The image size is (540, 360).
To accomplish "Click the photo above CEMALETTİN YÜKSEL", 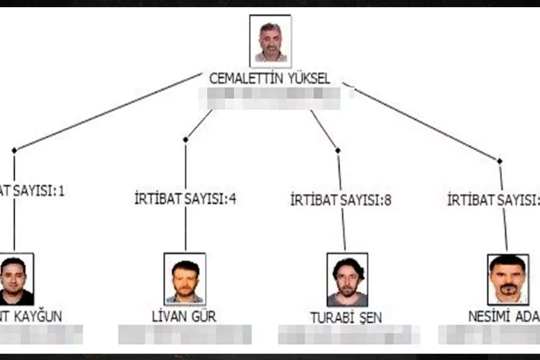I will tap(271, 41).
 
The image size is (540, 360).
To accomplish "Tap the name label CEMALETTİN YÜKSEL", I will tap(269, 79).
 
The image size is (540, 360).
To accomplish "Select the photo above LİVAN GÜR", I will tap(185, 278).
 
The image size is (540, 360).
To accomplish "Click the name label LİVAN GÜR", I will tap(184, 316).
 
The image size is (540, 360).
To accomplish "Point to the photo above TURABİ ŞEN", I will tap(347, 279).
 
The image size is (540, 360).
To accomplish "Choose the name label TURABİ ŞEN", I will tap(346, 318).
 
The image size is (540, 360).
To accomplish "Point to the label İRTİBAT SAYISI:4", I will tap(185, 199).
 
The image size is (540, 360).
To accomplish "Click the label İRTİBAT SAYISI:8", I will tap(340, 200).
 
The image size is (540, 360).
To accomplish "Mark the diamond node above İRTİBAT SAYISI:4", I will tap(185, 139).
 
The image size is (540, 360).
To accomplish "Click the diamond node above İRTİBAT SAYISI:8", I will tap(337, 150).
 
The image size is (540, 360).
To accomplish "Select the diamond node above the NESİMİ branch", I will tap(499, 161).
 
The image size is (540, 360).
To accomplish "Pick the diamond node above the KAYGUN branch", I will tap(14, 150).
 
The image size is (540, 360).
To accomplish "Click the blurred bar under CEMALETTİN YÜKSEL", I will tap(269, 98).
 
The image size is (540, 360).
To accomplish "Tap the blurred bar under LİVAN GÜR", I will tap(185, 334).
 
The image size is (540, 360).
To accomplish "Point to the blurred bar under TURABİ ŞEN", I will tap(349, 334).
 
